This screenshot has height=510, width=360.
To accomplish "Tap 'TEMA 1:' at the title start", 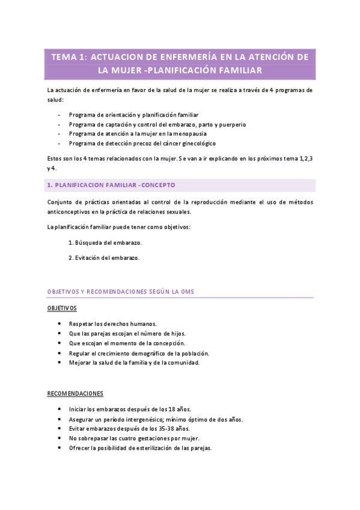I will click(69, 57).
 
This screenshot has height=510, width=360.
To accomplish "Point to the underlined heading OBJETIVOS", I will click(62, 308).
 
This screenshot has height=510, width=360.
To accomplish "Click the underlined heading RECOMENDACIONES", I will click(75, 393).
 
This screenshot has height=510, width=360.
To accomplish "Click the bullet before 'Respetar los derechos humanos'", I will click(59, 324).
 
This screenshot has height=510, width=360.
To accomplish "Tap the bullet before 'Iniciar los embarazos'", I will click(59, 409).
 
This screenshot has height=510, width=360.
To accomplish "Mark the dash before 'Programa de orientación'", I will click(58, 114).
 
